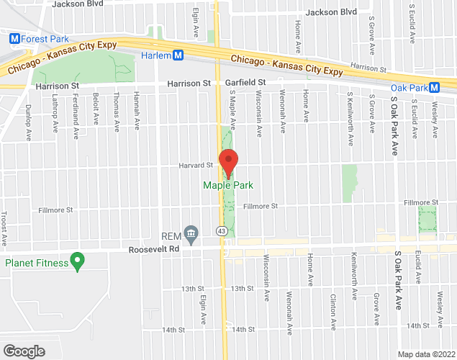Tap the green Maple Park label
tap(228, 186)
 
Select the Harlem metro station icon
tap(178, 55)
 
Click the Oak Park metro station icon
tap(445, 88)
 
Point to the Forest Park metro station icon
tap(13, 39)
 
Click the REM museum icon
tap(191, 233)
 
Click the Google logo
tap(23, 351)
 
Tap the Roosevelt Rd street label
tap(153, 249)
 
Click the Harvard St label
tap(196, 165)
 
